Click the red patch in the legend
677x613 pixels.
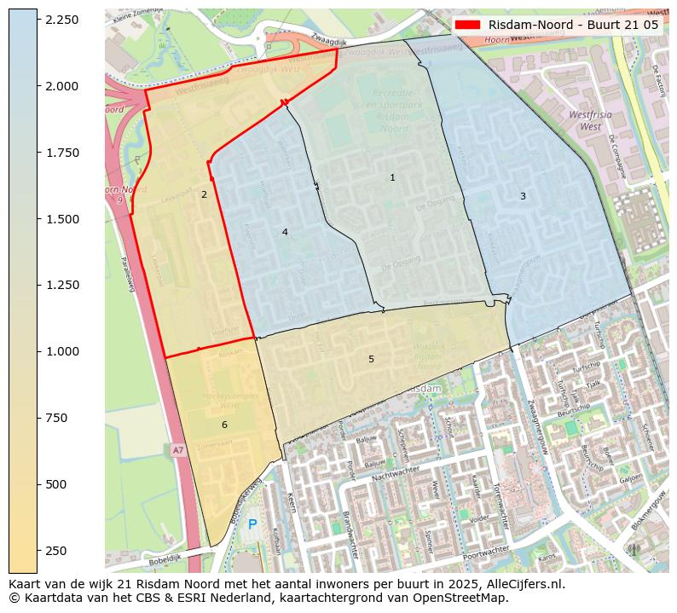click(x=469, y=25)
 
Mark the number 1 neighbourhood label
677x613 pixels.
click(x=392, y=177)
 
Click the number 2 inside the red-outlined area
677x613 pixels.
click(x=204, y=194)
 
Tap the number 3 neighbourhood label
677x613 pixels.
click(x=523, y=196)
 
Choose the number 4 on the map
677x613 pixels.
click(x=285, y=232)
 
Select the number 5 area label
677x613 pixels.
click(x=371, y=359)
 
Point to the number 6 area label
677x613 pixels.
click(x=224, y=425)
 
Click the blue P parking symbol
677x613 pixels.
click(x=252, y=524)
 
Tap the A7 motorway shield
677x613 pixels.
click(x=177, y=449)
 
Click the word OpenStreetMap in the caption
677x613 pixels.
click(x=468, y=598)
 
